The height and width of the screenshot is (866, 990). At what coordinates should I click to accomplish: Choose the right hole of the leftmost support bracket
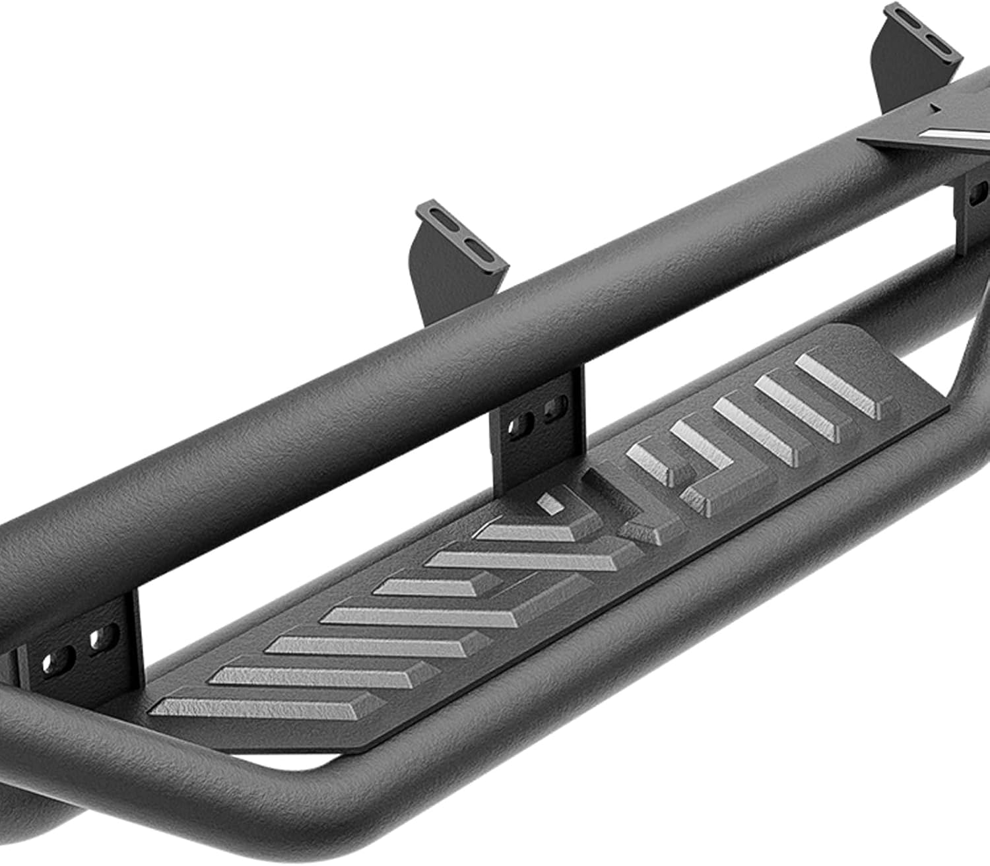100,639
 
